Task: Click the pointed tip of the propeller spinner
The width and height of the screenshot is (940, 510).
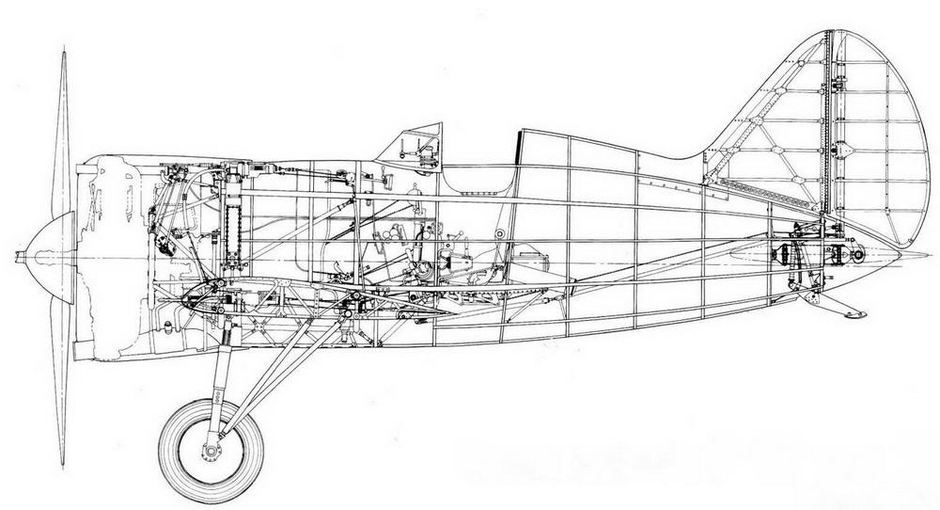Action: tap(17, 256)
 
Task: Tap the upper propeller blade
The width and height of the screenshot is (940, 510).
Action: tap(62, 132)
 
